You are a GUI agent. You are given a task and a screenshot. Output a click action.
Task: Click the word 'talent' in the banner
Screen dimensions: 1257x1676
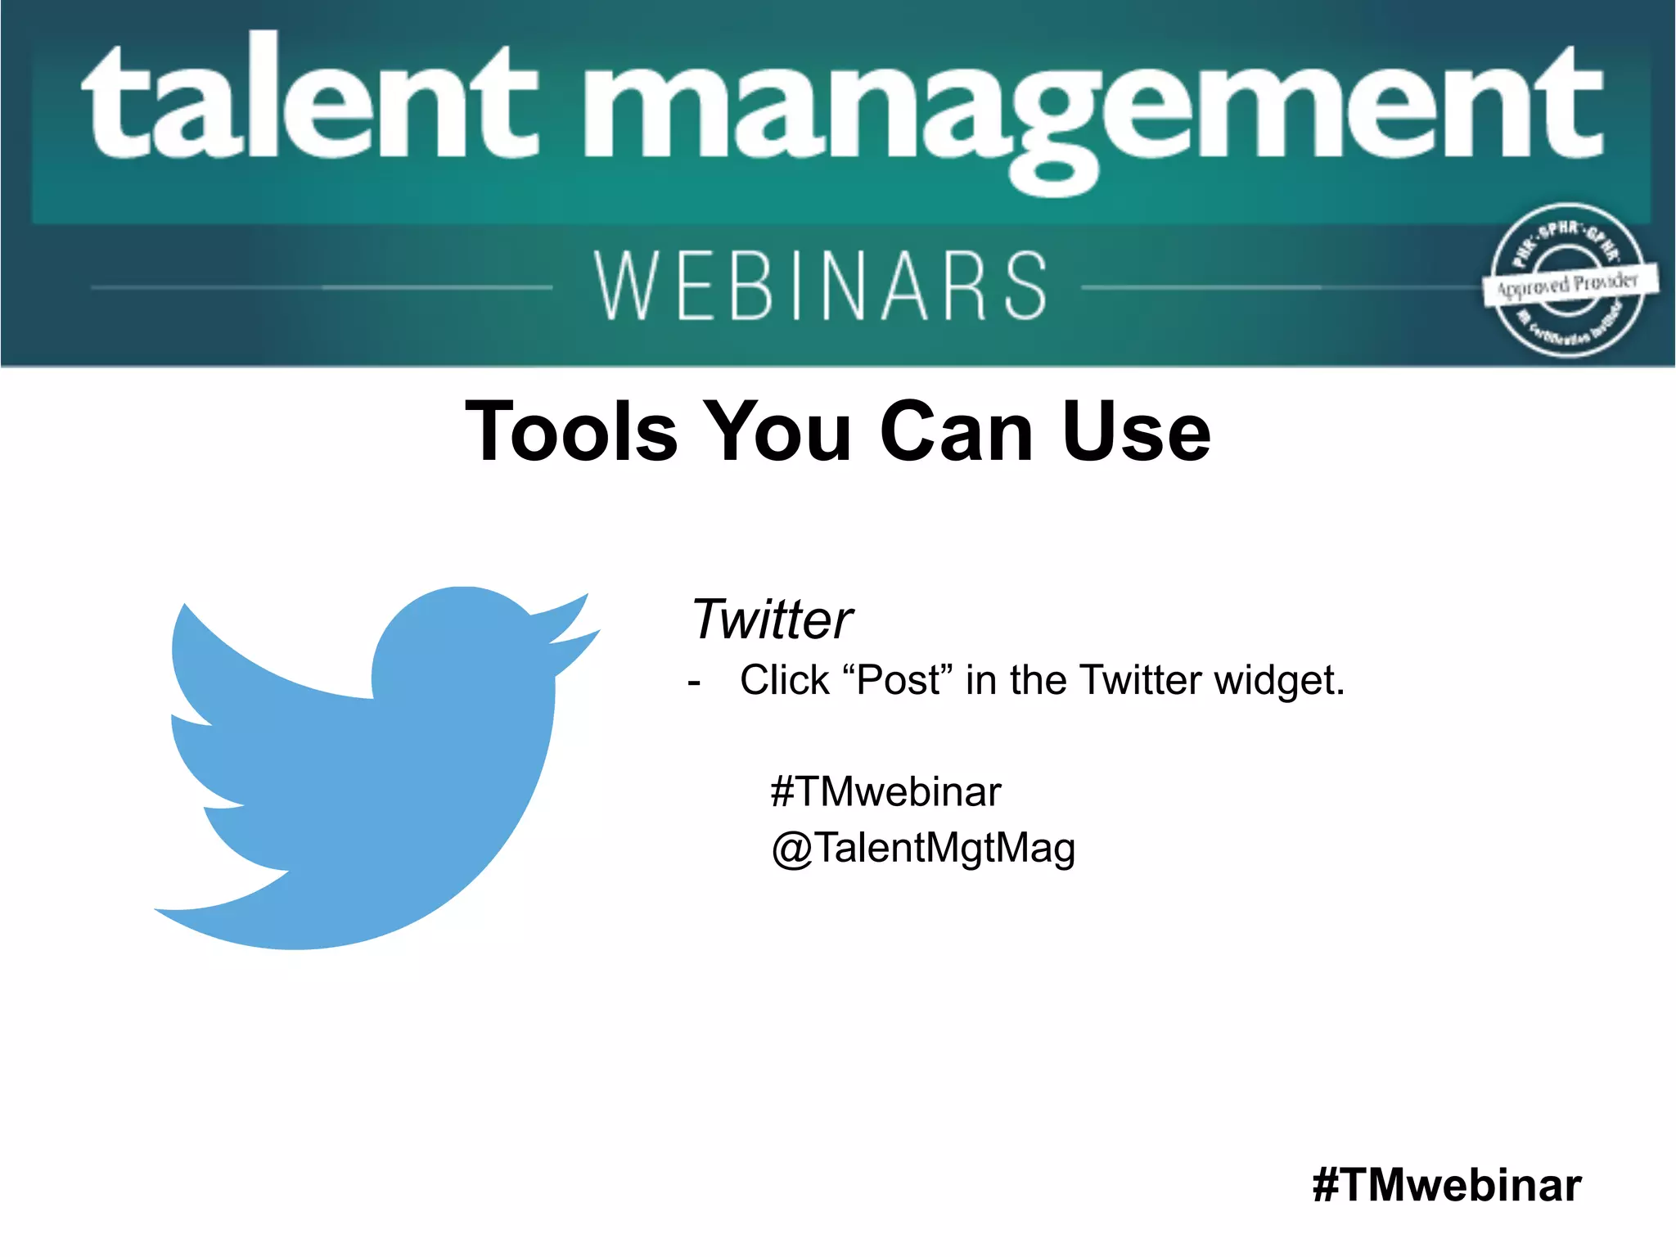[311, 102]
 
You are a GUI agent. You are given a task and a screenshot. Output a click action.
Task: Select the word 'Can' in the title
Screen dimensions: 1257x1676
[957, 431]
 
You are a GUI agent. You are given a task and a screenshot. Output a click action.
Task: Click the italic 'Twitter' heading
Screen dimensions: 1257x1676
[772, 619]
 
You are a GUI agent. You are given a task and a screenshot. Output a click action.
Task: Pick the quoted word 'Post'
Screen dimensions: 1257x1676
[899, 680]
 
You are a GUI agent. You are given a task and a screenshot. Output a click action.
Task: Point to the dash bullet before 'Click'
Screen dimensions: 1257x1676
[695, 683]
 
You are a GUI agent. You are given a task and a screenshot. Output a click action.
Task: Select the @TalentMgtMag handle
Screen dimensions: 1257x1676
[923, 848]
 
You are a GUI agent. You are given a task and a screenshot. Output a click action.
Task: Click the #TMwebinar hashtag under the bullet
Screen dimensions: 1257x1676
[885, 791]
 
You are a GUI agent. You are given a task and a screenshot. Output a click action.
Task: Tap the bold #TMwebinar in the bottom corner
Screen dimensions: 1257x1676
[1446, 1184]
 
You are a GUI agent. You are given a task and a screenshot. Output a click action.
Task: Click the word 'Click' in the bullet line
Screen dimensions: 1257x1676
[784, 680]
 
